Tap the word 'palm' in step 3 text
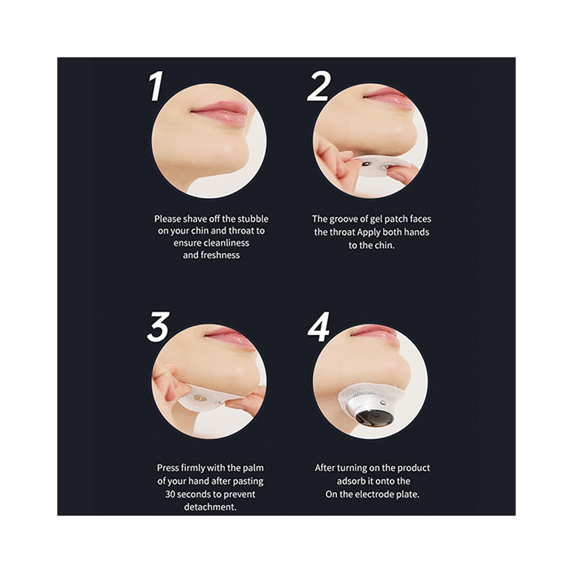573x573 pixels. (x=253, y=468)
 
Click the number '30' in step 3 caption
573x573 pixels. (x=170, y=494)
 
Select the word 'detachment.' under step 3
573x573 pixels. (x=210, y=507)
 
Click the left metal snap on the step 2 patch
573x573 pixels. (x=366, y=164)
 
